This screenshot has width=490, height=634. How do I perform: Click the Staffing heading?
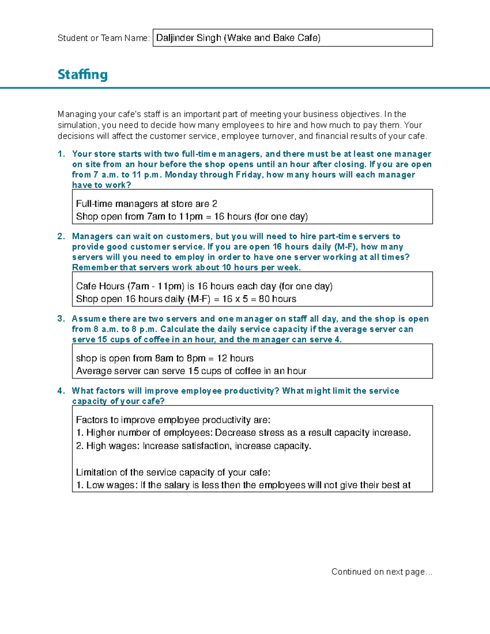tap(82, 75)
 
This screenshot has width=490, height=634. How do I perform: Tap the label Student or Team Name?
tap(103, 38)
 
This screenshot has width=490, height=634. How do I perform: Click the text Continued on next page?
tap(381, 572)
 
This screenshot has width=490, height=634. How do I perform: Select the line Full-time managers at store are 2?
tap(147, 204)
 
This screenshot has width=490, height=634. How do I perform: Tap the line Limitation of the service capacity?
tap(173, 472)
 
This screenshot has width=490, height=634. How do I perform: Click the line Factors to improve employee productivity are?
tap(173, 420)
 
